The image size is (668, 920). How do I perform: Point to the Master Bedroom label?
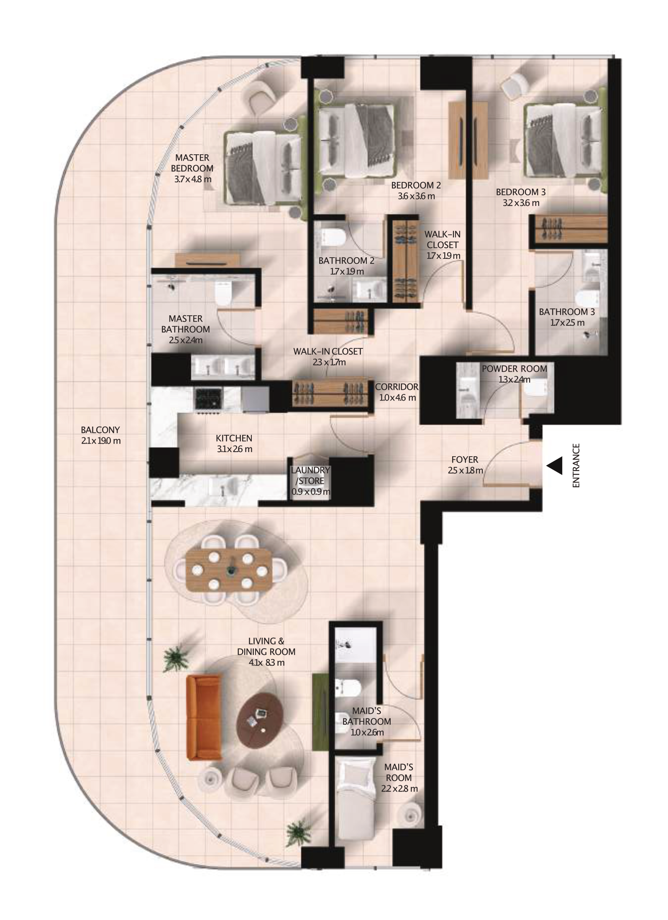192,169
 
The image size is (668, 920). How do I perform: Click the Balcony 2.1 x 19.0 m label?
100,435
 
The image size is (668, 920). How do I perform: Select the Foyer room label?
465,465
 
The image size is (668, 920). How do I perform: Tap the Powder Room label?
514,374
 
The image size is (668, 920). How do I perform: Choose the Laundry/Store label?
311,481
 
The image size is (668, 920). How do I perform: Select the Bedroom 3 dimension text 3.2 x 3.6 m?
521,203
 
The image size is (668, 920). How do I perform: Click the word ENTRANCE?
576,465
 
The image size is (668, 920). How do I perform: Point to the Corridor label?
397,392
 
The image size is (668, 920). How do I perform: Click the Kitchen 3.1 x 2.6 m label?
234,444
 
